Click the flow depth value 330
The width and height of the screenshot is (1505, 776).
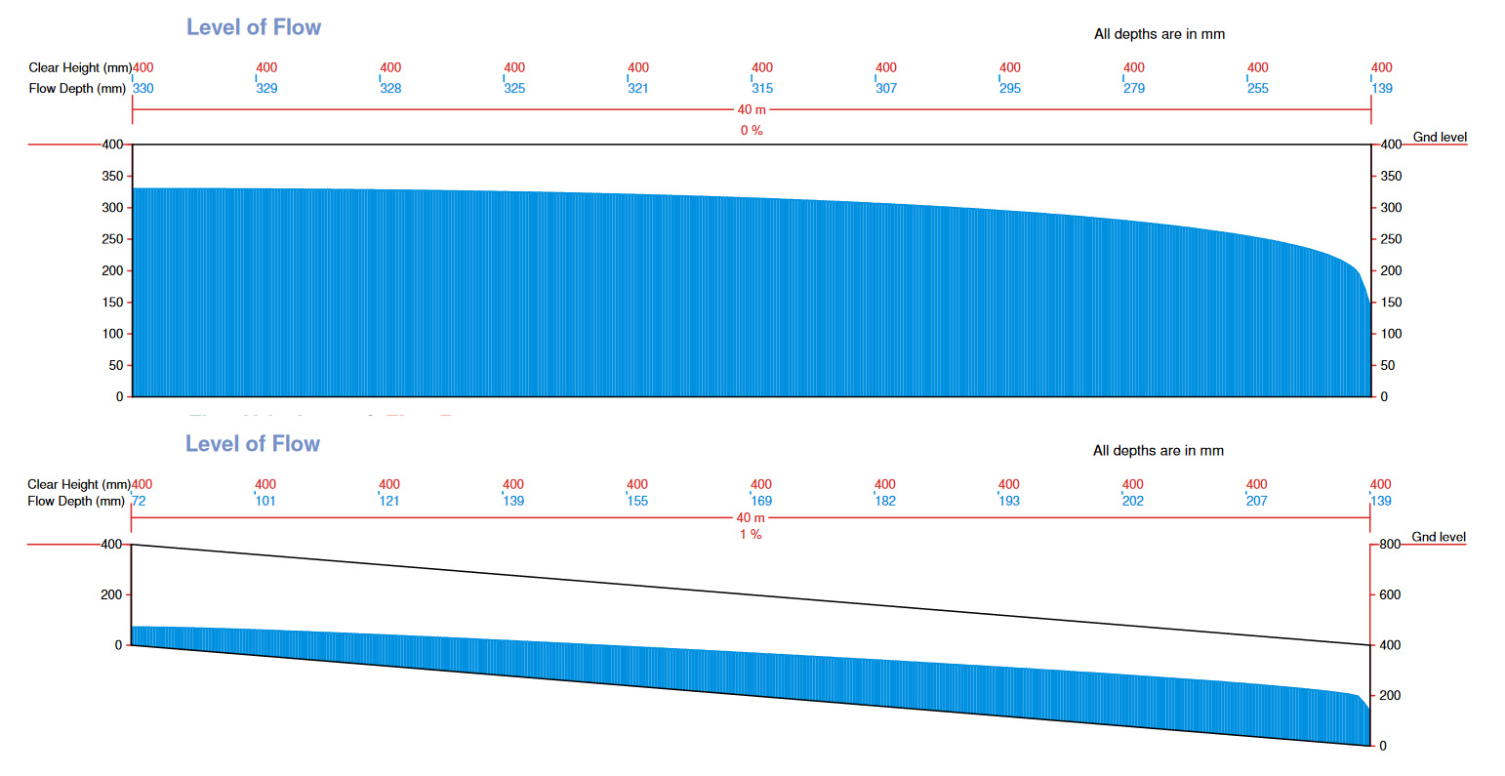coord(143,89)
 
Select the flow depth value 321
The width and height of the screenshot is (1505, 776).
coord(638,89)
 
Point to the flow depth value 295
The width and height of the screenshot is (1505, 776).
coord(1010,89)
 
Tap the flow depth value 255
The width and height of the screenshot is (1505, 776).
coord(1258,89)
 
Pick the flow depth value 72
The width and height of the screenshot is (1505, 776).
coord(139,502)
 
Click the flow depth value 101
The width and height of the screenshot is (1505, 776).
coord(265,502)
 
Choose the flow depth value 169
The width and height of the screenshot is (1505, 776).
coord(761,502)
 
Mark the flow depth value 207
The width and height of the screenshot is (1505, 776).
coord(1257,502)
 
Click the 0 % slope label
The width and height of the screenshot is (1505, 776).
coord(752,131)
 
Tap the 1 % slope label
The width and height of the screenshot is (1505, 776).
coord(751,535)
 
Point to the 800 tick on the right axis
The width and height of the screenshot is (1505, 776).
coord(1390,545)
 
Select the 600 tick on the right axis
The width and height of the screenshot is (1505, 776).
coord(1390,594)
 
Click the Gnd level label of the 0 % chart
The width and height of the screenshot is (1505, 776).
coord(1440,138)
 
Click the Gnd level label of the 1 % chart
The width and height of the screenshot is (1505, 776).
coord(1439,538)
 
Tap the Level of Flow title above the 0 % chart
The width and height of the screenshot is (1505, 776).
coord(254,27)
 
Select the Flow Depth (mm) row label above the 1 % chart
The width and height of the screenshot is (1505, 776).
coord(76,502)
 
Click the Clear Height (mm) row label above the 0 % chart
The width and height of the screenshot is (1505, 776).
coord(79,68)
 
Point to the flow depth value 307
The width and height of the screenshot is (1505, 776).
coord(886,89)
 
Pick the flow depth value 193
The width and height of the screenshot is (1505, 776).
coord(1009,502)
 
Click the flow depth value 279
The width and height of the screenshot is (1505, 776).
coord(1134,89)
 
